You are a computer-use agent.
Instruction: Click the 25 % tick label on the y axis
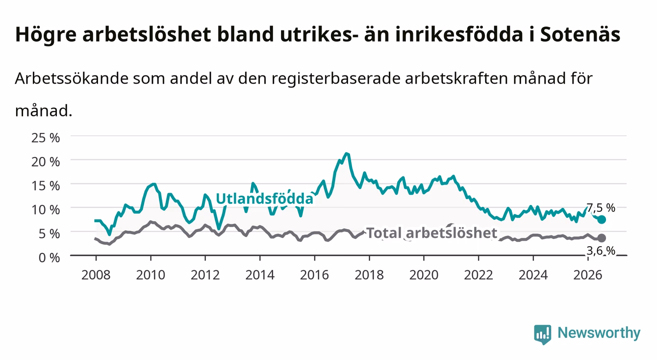[x=46, y=138]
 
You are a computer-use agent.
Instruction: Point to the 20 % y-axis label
[x=46, y=162]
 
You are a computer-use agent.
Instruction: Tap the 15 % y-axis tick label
[x=46, y=186]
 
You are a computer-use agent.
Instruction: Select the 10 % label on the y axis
[x=46, y=210]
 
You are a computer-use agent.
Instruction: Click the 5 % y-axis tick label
[x=49, y=234]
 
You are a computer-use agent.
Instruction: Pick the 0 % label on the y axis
[x=49, y=258]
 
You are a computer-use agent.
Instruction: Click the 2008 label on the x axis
[x=96, y=275]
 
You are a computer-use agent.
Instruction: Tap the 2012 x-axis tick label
[x=205, y=275]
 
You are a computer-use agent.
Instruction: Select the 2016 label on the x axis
[x=314, y=275]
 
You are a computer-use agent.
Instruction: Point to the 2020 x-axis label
[x=424, y=275]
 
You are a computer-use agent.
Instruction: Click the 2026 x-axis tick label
[x=588, y=275]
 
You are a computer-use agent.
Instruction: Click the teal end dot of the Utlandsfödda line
[x=602, y=219]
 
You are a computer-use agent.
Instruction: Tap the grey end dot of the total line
[x=602, y=238]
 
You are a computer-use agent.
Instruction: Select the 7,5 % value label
[x=601, y=208]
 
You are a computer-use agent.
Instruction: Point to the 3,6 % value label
[x=601, y=251]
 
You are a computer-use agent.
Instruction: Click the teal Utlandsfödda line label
[x=265, y=199]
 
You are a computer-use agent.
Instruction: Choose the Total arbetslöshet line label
[x=432, y=233]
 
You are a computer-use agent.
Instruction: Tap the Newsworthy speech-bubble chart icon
[x=543, y=334]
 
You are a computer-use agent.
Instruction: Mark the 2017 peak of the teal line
[x=347, y=154]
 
